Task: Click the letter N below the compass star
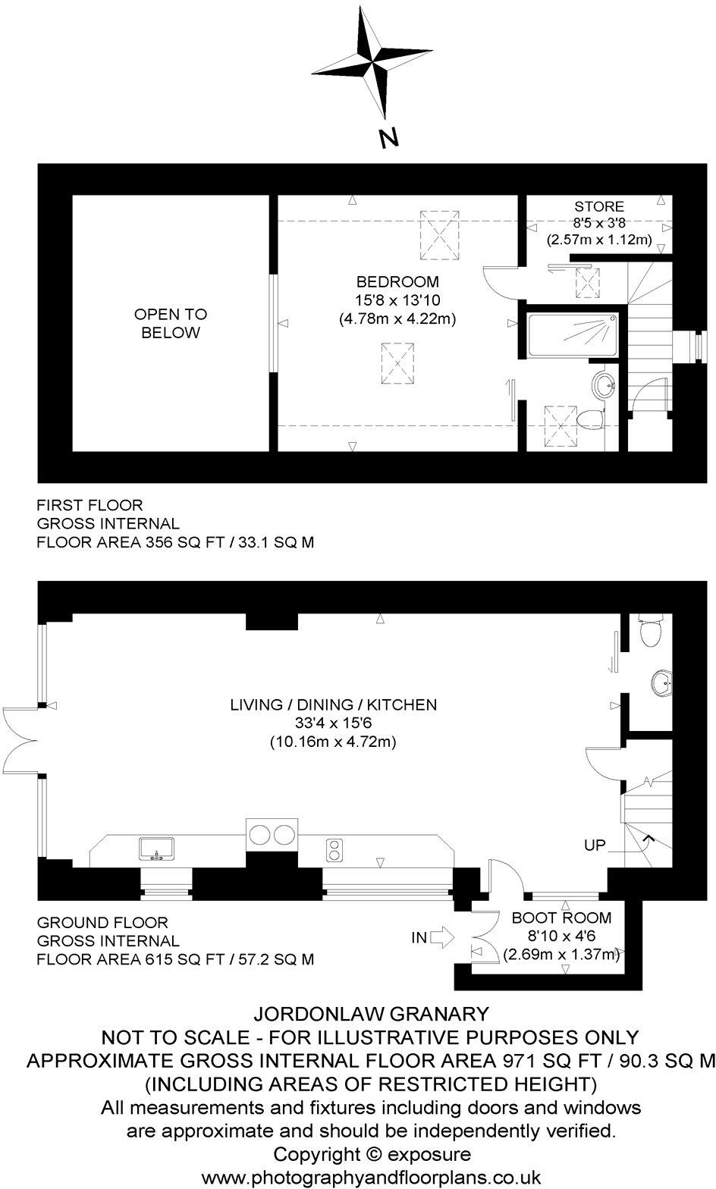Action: (388, 137)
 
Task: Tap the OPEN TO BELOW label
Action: (171, 324)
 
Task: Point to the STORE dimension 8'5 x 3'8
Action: (599, 223)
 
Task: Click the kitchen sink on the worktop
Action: (156, 848)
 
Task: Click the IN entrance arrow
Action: (440, 939)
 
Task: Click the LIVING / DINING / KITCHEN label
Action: (334, 704)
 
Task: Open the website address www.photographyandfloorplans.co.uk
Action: (371, 1178)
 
